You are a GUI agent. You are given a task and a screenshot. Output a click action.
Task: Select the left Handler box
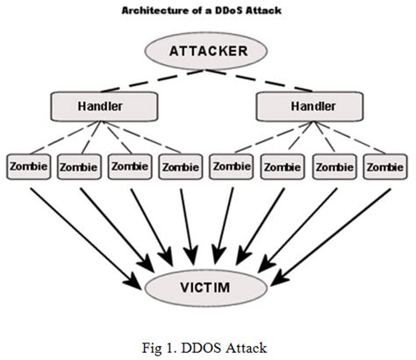pyautogui.click(x=104, y=107)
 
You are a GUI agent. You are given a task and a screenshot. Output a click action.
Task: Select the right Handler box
pyautogui.click(x=309, y=107)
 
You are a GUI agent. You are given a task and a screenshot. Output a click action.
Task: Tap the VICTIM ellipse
pyautogui.click(x=208, y=284)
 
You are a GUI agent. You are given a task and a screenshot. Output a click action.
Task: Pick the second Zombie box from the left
pyautogui.click(x=79, y=165)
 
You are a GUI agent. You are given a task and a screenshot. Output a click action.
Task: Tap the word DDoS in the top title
pyautogui.click(x=233, y=10)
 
